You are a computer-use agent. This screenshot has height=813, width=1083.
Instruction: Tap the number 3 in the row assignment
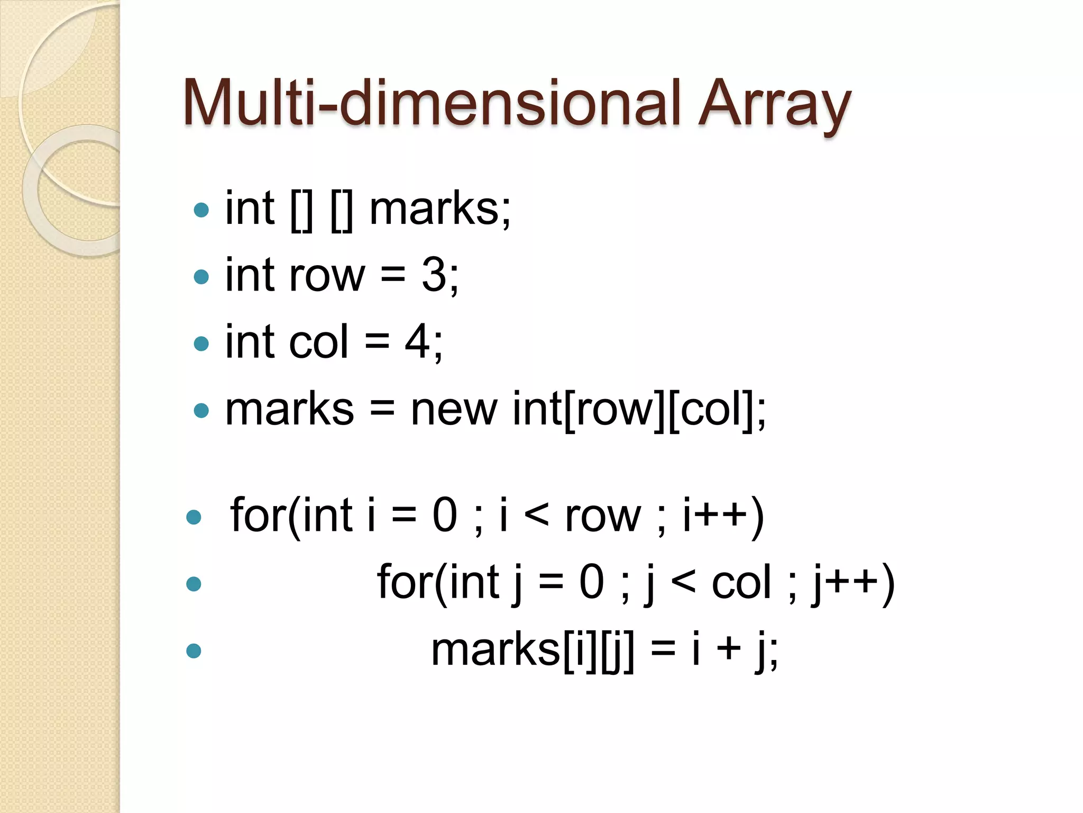[434, 275]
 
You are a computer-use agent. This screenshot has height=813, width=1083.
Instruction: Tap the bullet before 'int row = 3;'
[201, 276]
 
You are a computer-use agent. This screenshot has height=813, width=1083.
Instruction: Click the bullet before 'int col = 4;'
[201, 344]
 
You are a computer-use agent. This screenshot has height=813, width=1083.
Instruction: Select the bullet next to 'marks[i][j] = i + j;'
[194, 651]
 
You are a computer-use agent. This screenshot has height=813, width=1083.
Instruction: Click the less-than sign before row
[537, 516]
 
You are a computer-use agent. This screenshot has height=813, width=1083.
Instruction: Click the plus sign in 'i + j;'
[729, 649]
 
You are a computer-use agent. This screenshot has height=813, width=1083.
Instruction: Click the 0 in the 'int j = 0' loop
[591, 582]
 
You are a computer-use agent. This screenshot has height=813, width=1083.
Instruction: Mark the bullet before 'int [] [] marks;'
[201, 210]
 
